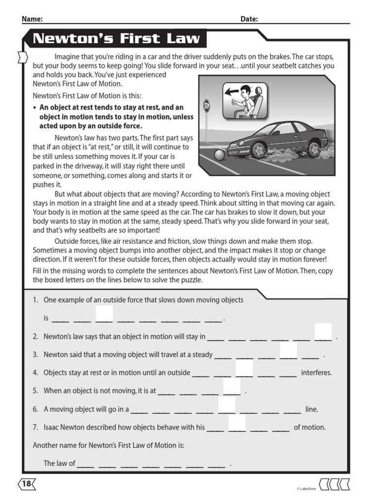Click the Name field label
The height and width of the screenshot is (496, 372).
point(32,19)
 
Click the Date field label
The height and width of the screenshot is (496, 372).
point(249,19)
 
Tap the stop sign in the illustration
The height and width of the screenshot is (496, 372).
point(207,106)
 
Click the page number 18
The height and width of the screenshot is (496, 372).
point(27,483)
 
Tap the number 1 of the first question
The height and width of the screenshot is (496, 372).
point(35,300)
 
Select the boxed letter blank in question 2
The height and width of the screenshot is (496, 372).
point(323,332)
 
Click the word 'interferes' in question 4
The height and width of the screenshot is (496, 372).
point(316,373)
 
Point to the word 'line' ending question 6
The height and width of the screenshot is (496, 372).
point(311,409)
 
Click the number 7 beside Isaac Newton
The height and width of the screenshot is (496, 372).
point(35,427)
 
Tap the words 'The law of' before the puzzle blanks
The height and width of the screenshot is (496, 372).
point(59,464)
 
